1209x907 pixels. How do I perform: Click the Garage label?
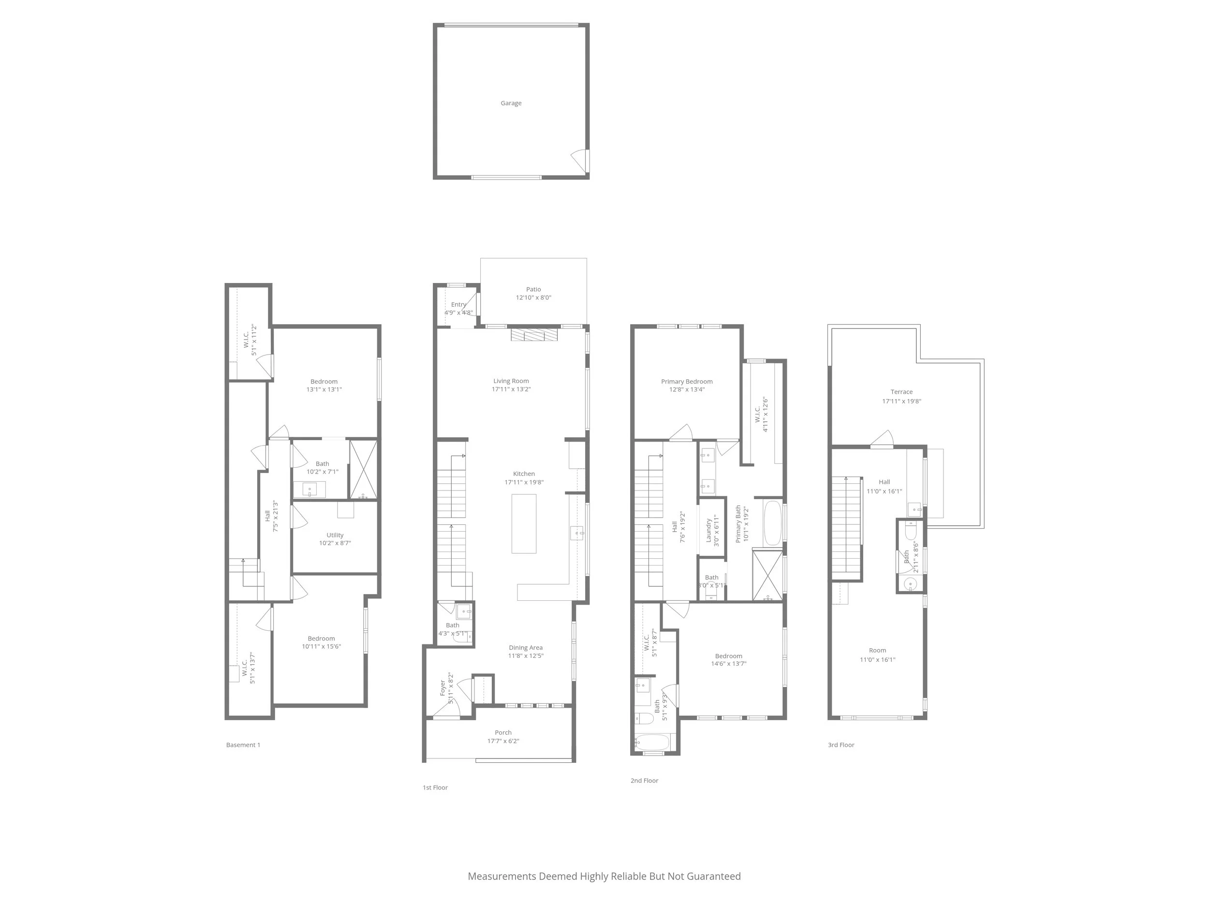point(511,103)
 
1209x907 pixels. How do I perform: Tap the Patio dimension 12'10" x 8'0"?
point(533,297)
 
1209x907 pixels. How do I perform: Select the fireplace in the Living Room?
point(534,335)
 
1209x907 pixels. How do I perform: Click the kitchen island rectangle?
point(524,523)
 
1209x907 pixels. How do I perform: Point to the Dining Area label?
point(525,647)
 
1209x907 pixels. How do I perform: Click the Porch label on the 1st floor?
point(503,732)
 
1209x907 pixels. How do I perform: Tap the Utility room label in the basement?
point(335,535)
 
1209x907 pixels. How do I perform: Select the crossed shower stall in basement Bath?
point(363,469)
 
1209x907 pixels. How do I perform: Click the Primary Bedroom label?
point(687,381)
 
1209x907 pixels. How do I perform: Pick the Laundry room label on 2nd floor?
point(709,530)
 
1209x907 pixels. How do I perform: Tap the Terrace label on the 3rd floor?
point(901,391)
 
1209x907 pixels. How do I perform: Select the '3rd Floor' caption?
point(840,744)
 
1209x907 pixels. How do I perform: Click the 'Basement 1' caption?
point(243,744)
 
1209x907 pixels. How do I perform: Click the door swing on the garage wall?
point(580,160)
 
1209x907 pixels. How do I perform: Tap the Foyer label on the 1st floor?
point(442,687)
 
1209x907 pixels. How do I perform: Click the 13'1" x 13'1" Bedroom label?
point(324,385)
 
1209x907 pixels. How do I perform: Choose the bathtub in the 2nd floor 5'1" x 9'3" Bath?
point(652,743)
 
